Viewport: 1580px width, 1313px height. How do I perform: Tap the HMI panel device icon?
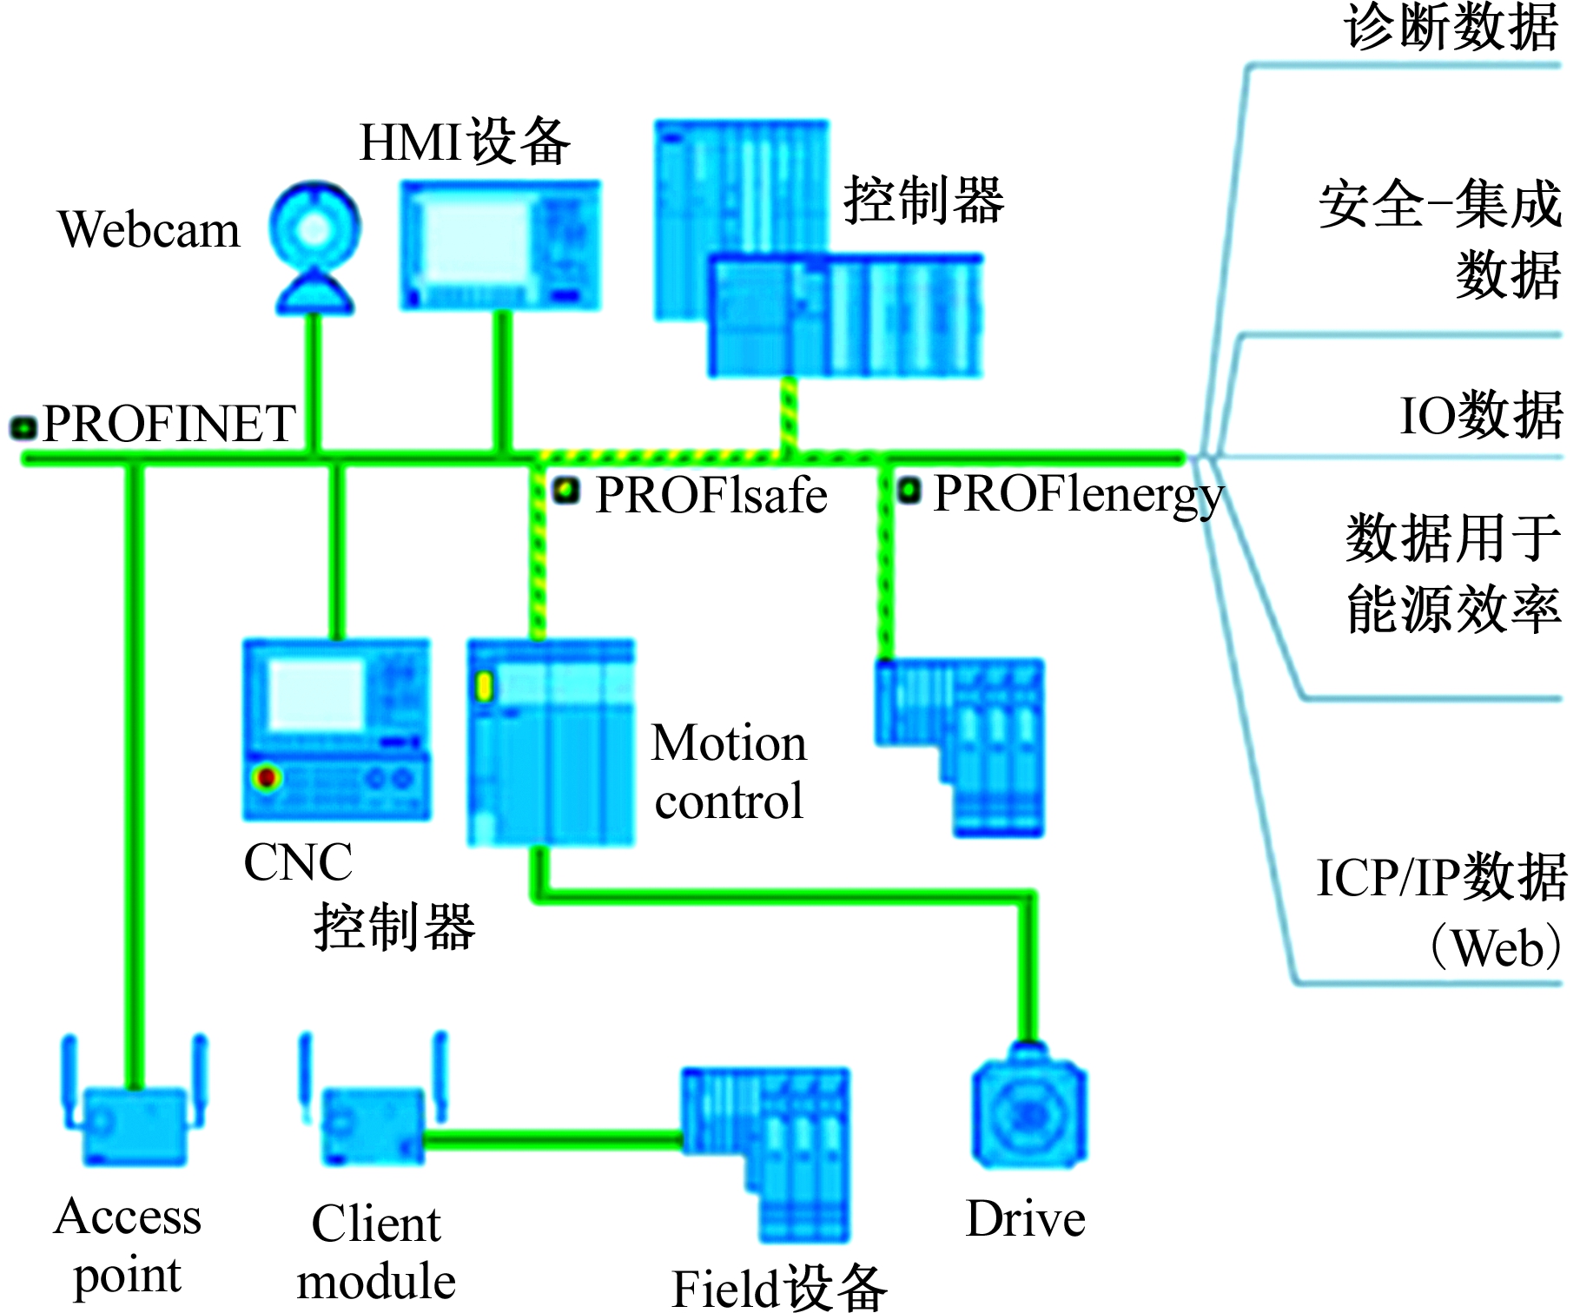click(x=499, y=245)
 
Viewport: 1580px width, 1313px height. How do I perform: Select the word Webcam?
click(x=149, y=230)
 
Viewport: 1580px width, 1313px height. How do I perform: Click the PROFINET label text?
click(x=169, y=424)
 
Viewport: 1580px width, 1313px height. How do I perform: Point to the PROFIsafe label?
click(x=711, y=496)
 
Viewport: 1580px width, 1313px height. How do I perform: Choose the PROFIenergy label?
click(x=1077, y=495)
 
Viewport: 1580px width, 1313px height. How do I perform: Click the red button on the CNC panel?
click(x=267, y=776)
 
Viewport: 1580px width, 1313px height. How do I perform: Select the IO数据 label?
click(x=1480, y=415)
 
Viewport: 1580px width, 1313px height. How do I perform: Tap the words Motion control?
click(x=729, y=772)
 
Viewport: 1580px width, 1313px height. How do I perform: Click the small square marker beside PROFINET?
click(x=23, y=427)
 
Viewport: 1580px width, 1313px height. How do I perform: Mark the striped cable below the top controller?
click(x=788, y=414)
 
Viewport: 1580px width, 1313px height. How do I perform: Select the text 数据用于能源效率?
click(x=1452, y=573)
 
